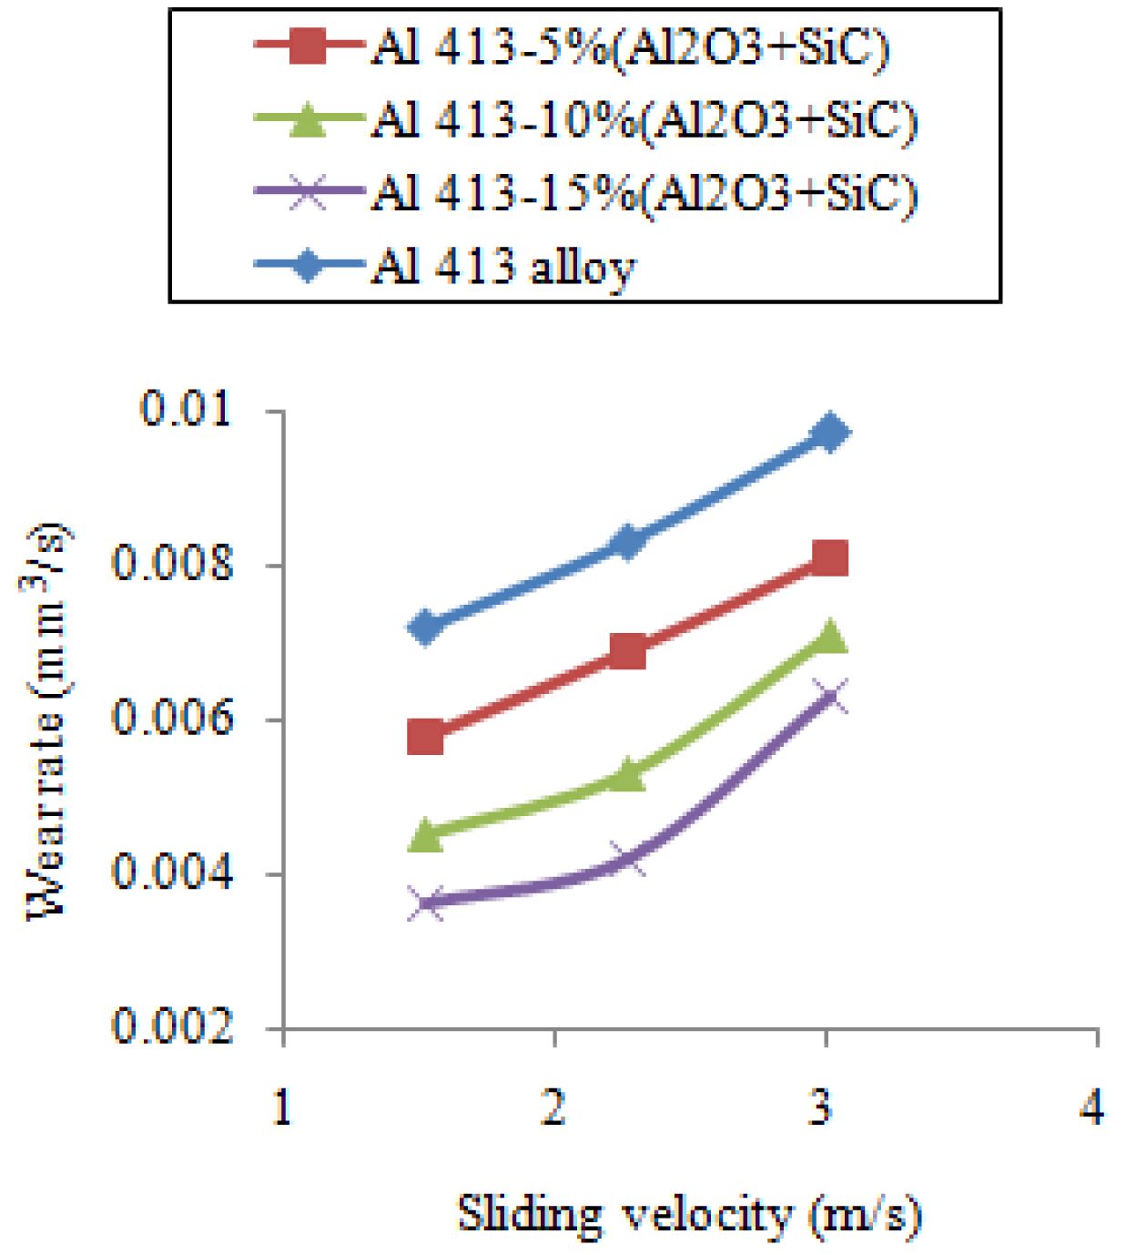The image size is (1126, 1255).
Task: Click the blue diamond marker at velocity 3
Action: pyautogui.click(x=830, y=432)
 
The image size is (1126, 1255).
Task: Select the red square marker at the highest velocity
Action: pyautogui.click(x=830, y=557)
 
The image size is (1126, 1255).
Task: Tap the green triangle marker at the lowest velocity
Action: pyautogui.click(x=425, y=834)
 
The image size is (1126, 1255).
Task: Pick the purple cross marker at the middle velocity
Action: pyautogui.click(x=628, y=858)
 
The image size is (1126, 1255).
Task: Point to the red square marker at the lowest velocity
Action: pyautogui.click(x=425, y=737)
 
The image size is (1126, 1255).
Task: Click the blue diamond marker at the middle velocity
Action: pyautogui.click(x=628, y=542)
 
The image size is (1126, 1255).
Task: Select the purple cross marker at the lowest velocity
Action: pyautogui.click(x=425, y=903)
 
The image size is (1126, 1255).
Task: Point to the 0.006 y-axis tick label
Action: pyautogui.click(x=173, y=718)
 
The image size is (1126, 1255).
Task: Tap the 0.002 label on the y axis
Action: pyautogui.click(x=173, y=1026)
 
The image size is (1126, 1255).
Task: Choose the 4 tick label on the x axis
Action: pyautogui.click(x=1092, y=1107)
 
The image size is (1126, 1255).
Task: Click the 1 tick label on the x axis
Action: pyautogui.click(x=283, y=1107)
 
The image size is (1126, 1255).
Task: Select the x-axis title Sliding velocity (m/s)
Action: pyautogui.click(x=688, y=1215)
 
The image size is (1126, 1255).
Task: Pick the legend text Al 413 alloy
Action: pyautogui.click(x=502, y=267)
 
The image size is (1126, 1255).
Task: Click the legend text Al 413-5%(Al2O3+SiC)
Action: pyautogui.click(x=629, y=48)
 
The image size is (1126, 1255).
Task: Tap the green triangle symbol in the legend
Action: pyautogui.click(x=308, y=120)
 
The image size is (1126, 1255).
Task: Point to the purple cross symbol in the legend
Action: pyautogui.click(x=308, y=193)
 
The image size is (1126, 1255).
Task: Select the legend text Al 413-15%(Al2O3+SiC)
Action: pyautogui.click(x=644, y=193)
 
